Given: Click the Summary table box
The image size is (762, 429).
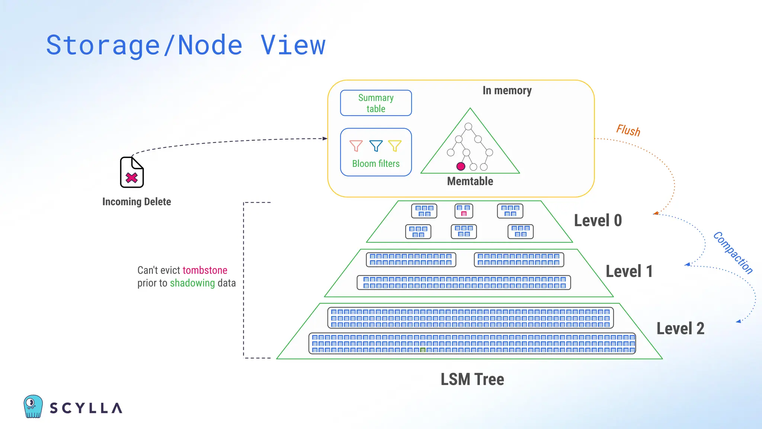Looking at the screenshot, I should click(376, 103).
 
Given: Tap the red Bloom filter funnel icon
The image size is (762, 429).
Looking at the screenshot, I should click(356, 146).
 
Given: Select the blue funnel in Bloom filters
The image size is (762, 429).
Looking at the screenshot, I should click(376, 146).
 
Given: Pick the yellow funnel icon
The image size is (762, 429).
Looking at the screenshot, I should click(395, 146).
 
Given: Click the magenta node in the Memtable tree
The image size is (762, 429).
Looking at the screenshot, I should click(461, 166).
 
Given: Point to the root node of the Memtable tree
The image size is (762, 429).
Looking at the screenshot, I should click(468, 127).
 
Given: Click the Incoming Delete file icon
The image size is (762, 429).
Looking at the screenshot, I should click(132, 172).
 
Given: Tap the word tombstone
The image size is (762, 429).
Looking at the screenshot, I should click(205, 270).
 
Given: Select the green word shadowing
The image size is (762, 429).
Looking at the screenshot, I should click(192, 283).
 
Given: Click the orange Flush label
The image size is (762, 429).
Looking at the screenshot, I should click(628, 130).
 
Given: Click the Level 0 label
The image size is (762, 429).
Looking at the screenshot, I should click(598, 220).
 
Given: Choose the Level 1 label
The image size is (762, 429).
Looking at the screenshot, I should click(629, 271).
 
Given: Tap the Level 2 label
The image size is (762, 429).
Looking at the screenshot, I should click(680, 328).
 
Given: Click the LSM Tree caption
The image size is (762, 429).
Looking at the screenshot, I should click(472, 379).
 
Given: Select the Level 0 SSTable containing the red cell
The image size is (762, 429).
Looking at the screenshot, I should click(464, 211).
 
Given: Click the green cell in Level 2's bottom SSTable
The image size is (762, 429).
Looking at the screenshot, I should click(423, 350).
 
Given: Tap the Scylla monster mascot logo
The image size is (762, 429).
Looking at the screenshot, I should click(33, 406).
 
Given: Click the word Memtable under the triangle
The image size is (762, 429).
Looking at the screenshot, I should click(470, 181).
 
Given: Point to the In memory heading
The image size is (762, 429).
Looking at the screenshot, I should click(507, 90).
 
